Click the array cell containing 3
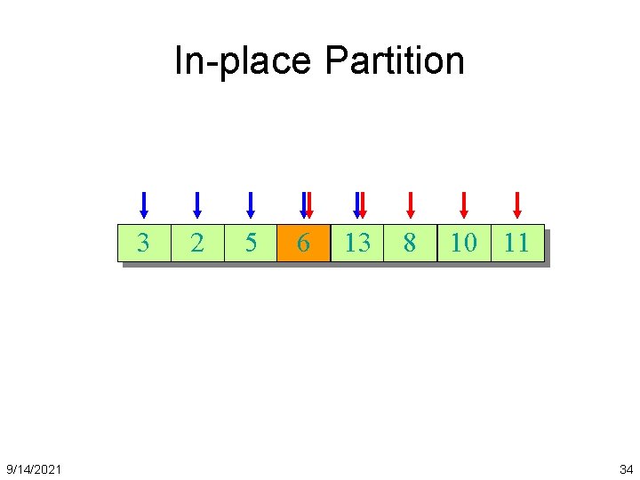coord(143,243)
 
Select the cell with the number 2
coord(196,243)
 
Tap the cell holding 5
coord(250,243)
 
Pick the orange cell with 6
coord(303,243)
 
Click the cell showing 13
coord(356,243)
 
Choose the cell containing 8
coord(410,243)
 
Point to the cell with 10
coord(463,243)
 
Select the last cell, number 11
coord(516,243)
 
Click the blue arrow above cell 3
coord(143,204)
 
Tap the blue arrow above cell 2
coord(196,204)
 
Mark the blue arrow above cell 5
coord(250,204)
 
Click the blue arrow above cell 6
coord(302,204)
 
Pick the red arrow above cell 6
coord(308,204)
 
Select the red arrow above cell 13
coord(362,204)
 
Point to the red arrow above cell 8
coord(410,204)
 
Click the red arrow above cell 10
coord(463,204)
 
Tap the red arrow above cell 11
coord(516,204)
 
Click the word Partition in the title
coord(394,60)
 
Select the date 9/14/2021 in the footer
coord(34,468)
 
